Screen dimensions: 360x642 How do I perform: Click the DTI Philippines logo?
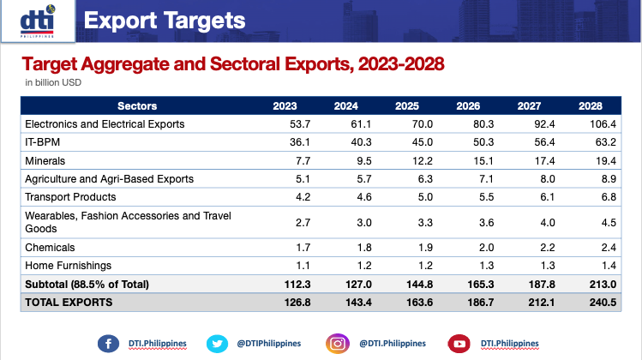click(35, 21)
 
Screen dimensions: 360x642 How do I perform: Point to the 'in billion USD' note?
click(54, 83)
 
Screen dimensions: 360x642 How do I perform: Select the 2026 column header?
click(468, 106)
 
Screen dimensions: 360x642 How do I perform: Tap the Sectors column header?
click(137, 106)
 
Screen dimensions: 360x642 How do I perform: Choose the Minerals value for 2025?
click(407, 160)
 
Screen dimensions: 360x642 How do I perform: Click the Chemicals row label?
click(50, 248)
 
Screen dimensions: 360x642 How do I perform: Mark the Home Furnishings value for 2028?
click(591, 266)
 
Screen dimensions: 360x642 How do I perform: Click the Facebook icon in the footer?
click(108, 343)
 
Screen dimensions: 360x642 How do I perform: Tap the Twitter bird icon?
click(215, 343)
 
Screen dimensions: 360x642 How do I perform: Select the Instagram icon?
click(338, 343)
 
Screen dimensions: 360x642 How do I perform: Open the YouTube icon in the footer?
click(459, 343)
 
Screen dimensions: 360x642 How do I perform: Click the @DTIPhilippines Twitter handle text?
click(269, 343)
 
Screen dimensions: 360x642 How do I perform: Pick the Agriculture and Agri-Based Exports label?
click(109, 179)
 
